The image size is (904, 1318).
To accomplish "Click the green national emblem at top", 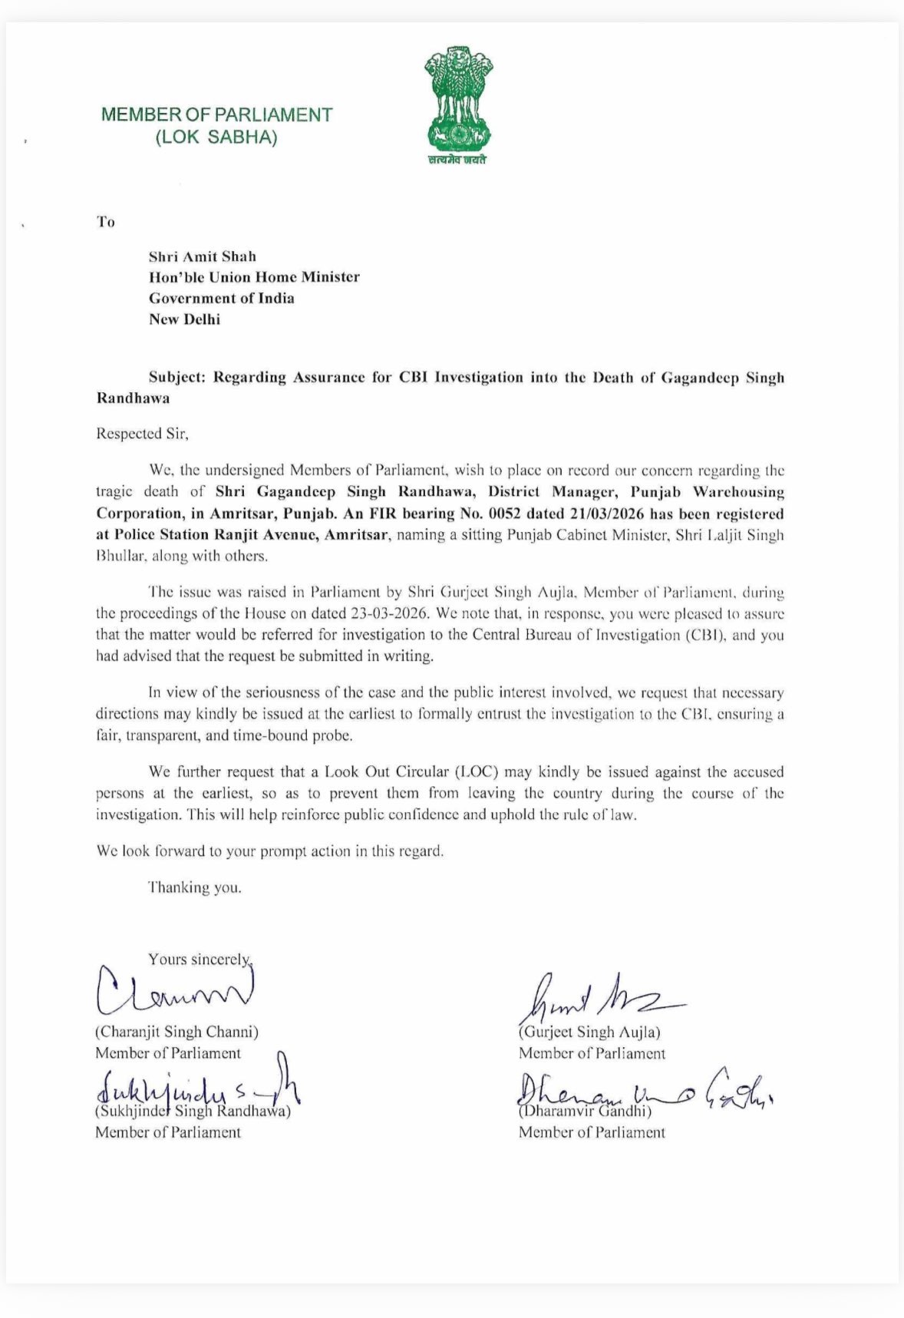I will pyautogui.click(x=457, y=101).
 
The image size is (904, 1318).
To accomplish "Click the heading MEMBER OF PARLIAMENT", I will pyautogui.click(x=217, y=115).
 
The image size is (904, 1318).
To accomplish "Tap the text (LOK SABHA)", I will pyautogui.click(x=216, y=138).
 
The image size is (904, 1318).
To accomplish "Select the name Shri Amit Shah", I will pyautogui.click(x=203, y=256).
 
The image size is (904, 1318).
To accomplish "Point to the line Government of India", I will pyautogui.click(x=222, y=298).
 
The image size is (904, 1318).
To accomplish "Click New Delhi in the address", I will pyautogui.click(x=184, y=319).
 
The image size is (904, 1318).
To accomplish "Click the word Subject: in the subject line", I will pyautogui.click(x=178, y=378).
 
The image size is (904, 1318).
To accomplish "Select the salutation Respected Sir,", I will pyautogui.click(x=142, y=433).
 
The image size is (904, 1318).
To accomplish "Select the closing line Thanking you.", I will pyautogui.click(x=195, y=887).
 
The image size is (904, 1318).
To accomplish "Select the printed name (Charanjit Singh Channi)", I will pyautogui.click(x=177, y=1032).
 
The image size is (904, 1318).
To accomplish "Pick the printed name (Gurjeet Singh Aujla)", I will pyautogui.click(x=589, y=1032).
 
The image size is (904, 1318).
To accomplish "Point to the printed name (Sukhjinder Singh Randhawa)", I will pyautogui.click(x=193, y=1111).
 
